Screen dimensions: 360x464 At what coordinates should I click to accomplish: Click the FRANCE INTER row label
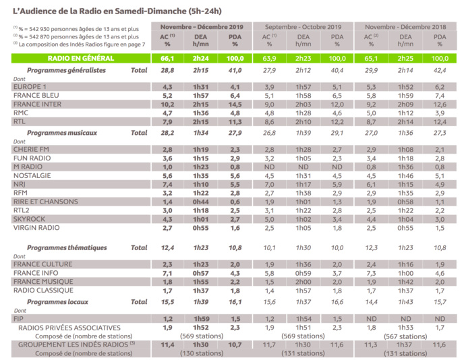38,104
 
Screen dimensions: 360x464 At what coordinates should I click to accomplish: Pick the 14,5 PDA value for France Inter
235,104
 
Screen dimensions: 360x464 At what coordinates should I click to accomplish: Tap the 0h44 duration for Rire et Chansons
201,201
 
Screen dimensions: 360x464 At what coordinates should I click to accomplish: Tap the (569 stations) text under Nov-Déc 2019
200,335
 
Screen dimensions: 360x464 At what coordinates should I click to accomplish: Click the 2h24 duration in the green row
201,59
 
